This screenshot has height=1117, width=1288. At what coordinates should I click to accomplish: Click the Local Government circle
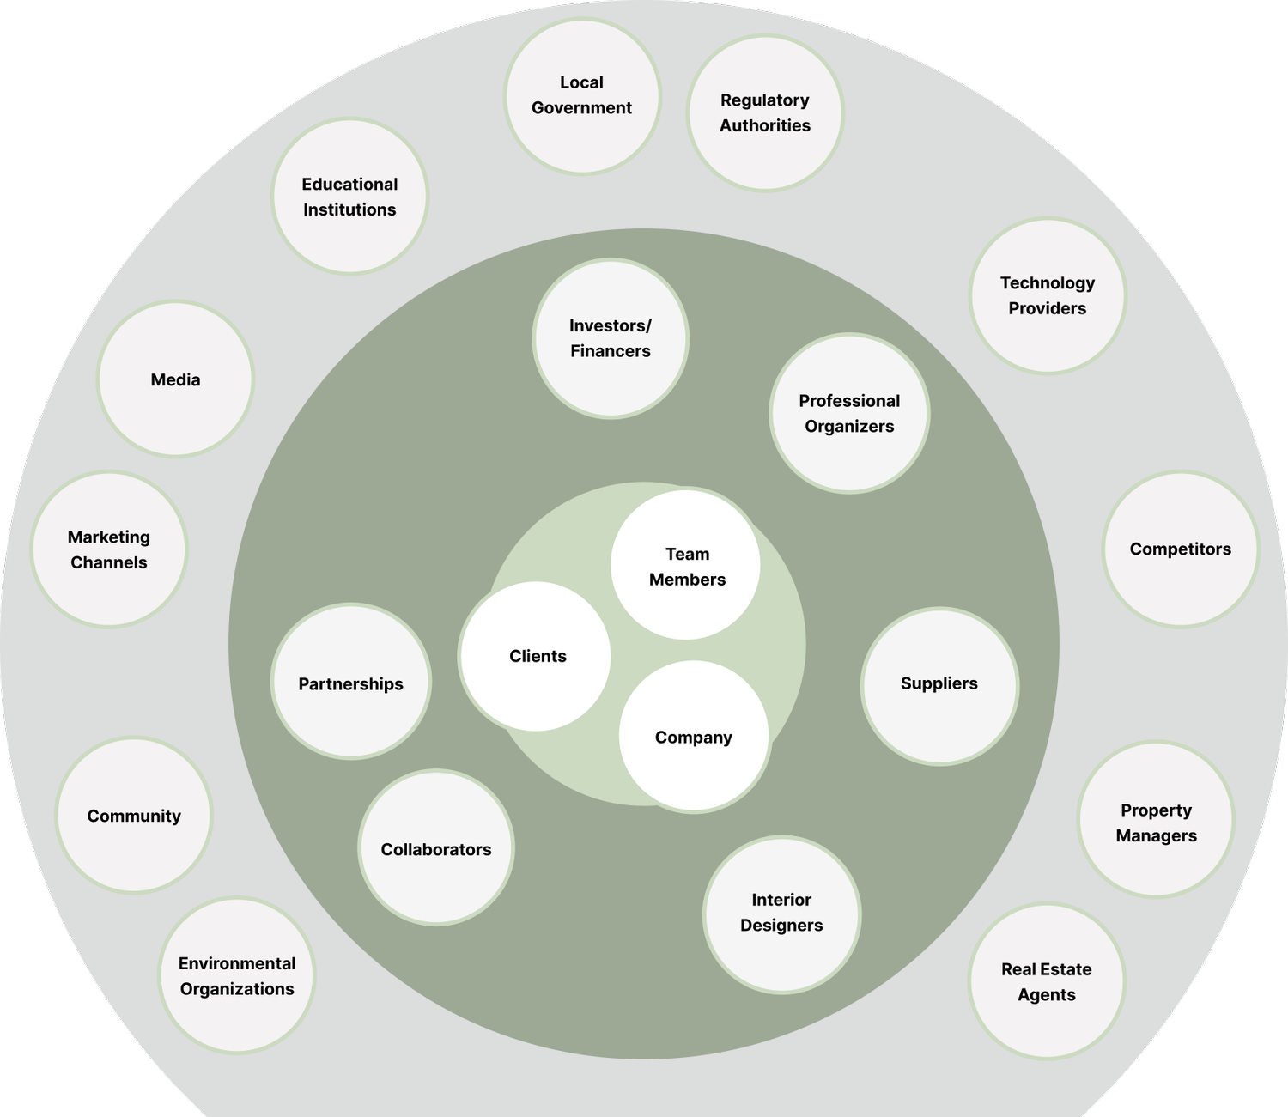click(x=582, y=96)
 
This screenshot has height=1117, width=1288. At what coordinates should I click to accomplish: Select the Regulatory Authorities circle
click(x=765, y=113)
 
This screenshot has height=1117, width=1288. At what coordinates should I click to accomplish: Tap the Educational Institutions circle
click(x=349, y=197)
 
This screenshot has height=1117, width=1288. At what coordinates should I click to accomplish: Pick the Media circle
click(x=175, y=379)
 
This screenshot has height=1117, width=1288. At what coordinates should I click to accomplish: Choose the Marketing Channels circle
click(x=109, y=549)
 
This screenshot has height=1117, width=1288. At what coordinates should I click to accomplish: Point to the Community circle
click(x=134, y=816)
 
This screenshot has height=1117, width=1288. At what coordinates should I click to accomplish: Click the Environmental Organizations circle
click(x=237, y=976)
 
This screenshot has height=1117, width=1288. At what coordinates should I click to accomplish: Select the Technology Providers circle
click(x=1048, y=295)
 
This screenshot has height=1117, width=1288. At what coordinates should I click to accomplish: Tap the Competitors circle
click(x=1181, y=549)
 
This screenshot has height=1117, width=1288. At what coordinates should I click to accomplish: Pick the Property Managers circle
click(x=1156, y=822)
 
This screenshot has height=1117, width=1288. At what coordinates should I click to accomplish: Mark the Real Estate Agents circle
click(x=1047, y=981)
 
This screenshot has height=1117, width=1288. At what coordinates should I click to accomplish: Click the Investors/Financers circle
click(x=611, y=338)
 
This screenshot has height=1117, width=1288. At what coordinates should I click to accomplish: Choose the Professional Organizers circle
click(x=849, y=413)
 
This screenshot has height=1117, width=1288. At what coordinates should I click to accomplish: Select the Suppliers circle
click(x=939, y=684)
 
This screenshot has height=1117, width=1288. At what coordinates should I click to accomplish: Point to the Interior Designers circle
click(x=781, y=913)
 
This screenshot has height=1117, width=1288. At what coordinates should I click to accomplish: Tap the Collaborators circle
click(x=436, y=848)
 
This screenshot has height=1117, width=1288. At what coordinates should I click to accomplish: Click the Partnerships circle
click(x=350, y=683)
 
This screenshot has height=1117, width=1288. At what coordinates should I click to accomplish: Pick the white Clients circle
click(x=537, y=657)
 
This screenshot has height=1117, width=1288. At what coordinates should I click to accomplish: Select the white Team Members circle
click(x=686, y=566)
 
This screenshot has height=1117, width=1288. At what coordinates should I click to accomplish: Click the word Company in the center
click(x=694, y=738)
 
